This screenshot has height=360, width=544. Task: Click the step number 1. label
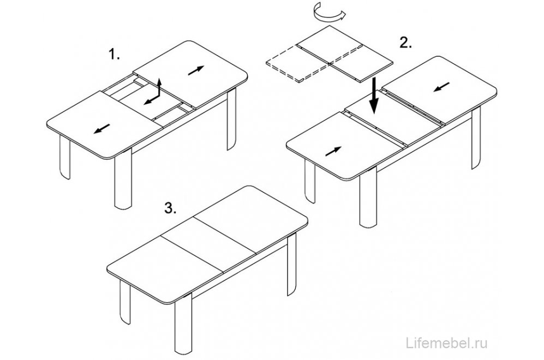(115, 55)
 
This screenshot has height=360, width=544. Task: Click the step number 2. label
(406, 43)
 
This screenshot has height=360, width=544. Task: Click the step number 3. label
(171, 208)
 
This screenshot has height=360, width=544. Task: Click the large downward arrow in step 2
(374, 95)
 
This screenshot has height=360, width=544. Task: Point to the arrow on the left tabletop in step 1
(102, 128)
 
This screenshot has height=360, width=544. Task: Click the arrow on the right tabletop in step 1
(196, 70)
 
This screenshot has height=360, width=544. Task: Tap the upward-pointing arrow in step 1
(159, 87)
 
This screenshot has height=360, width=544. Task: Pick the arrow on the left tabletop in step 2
(333, 151)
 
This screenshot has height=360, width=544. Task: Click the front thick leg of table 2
(368, 199)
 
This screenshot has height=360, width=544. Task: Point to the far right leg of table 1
(231, 118)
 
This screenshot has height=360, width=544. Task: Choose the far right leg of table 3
(292, 264)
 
